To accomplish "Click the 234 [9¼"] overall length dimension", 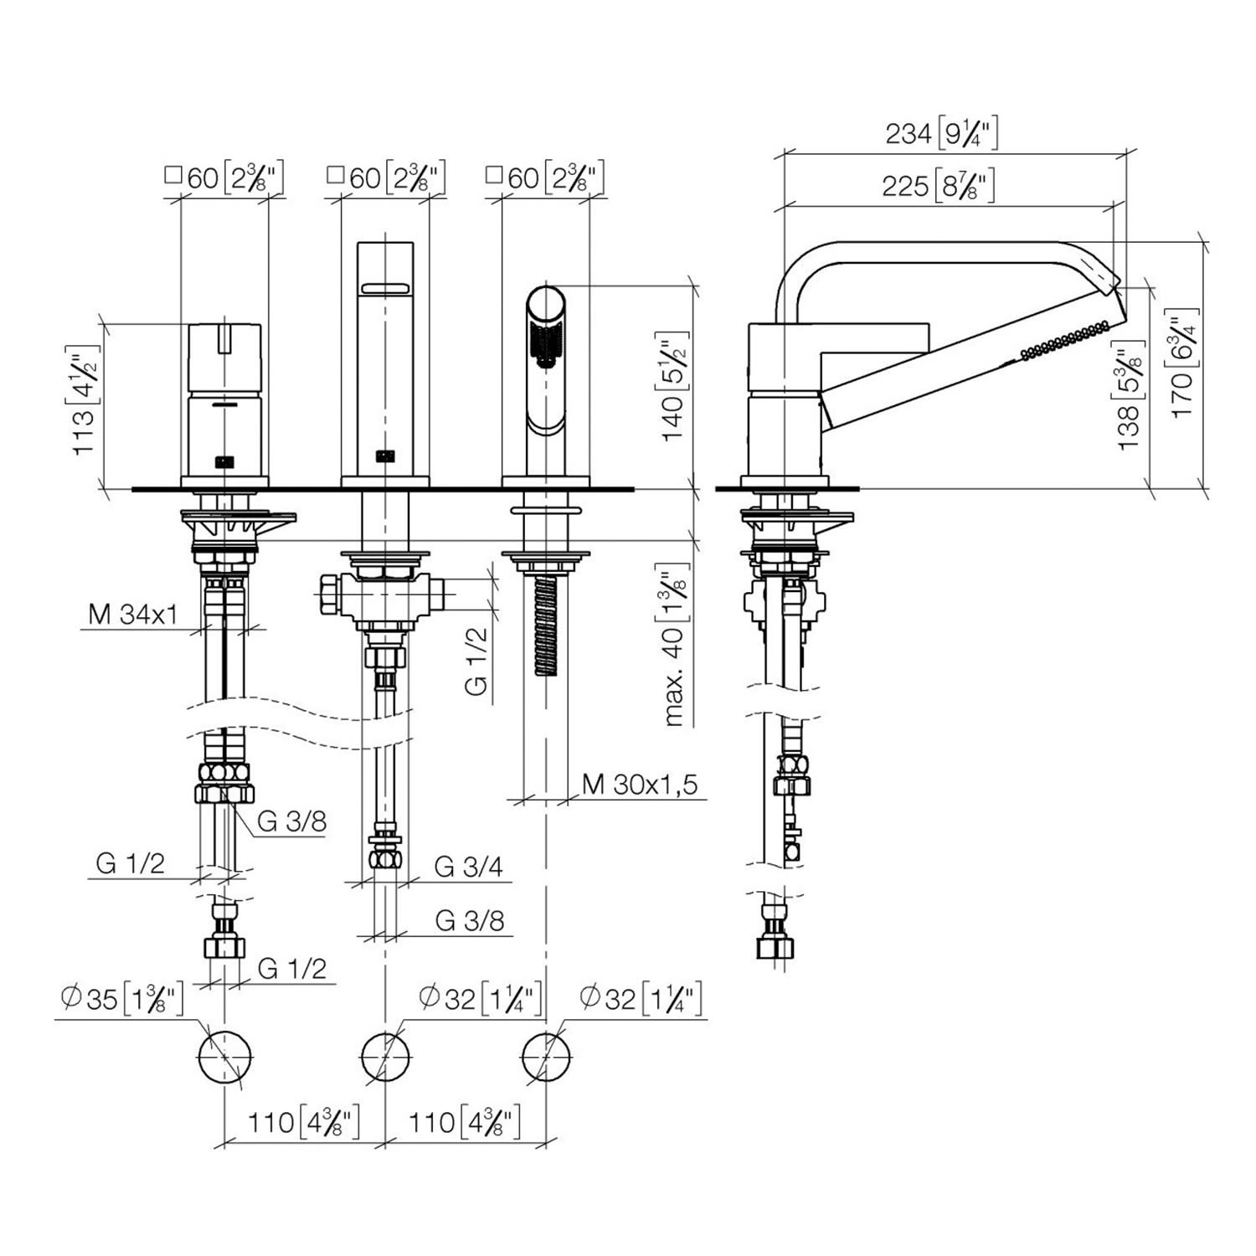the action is tap(941, 133).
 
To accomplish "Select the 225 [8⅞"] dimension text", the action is tap(939, 185).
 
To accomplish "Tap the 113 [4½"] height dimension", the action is tap(88, 399).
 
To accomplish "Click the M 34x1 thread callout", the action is tap(133, 615).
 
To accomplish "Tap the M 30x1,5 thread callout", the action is tap(641, 785).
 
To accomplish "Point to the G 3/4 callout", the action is tap(469, 866).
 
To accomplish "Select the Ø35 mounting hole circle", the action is tap(225, 1057).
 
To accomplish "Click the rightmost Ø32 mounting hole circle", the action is tap(547, 1057).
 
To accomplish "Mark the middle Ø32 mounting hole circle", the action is tap(385, 1057).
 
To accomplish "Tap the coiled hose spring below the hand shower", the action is tap(546, 623).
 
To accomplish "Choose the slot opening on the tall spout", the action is tap(384, 289).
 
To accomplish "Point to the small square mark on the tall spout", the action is tap(385, 456).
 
